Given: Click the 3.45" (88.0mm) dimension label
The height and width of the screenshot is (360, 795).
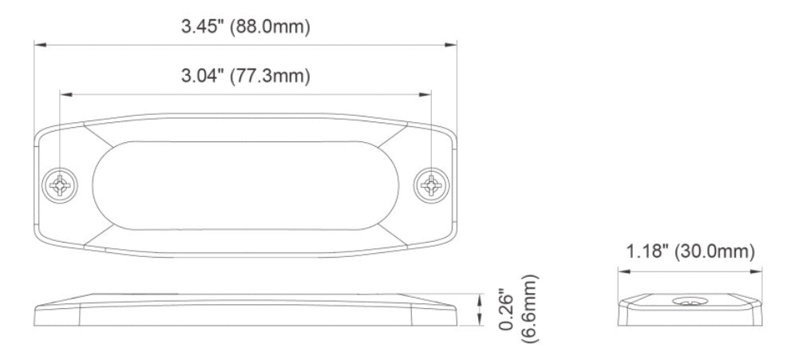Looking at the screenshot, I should point(245,27).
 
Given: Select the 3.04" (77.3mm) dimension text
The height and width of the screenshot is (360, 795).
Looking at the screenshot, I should point(245,77).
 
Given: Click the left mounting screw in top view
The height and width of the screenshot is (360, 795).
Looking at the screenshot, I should point(61,185).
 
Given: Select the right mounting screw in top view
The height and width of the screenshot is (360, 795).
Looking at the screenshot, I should point(431,185).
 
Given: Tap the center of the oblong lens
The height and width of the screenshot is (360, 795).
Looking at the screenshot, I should point(246,185).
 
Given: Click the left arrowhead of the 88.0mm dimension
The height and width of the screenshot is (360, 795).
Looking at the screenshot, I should point(38,45).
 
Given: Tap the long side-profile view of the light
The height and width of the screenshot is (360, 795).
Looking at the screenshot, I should point(246,310).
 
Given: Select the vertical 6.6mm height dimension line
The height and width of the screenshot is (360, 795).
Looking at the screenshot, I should point(480,310).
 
